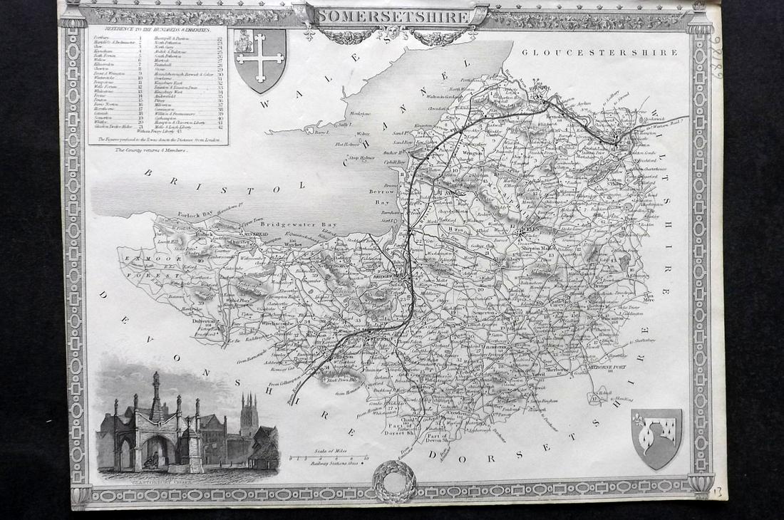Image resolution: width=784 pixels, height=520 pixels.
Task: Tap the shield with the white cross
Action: pos(259,59)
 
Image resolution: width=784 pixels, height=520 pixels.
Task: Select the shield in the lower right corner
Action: pos(656,438)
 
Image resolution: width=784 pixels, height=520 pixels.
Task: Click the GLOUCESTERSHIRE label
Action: pos(599,53)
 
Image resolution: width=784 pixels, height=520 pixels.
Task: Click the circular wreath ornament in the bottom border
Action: pos(394,482)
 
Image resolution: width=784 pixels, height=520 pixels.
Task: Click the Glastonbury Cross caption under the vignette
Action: pos(154,482)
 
